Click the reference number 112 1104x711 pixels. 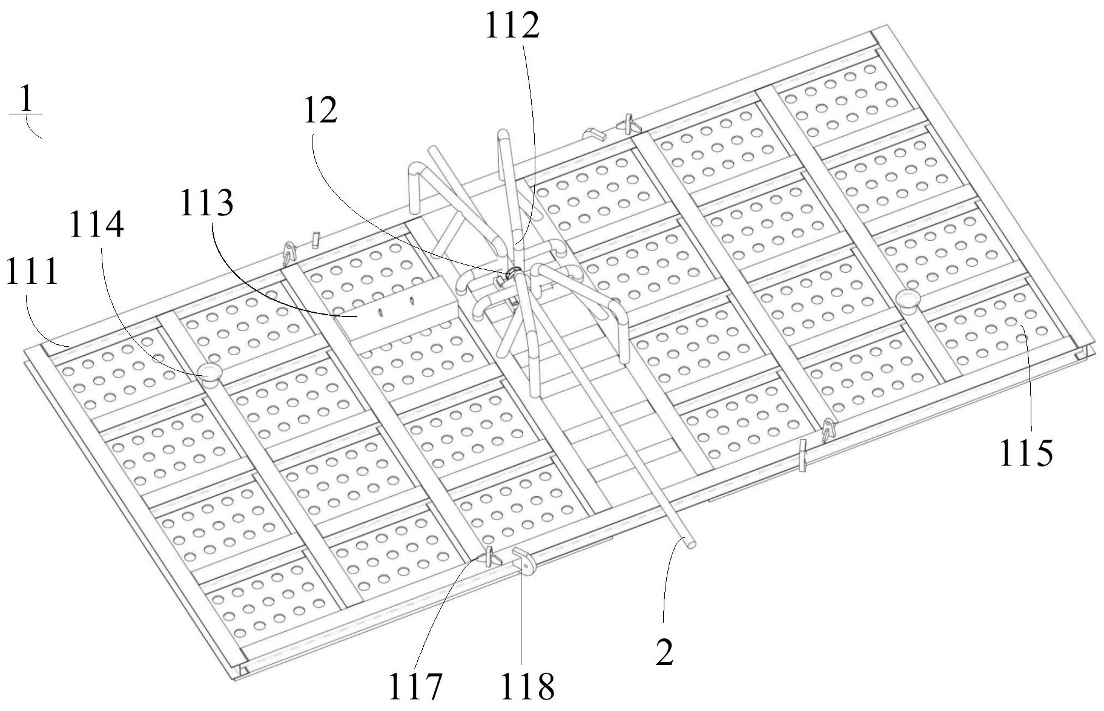[512, 26]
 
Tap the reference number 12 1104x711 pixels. [320, 111]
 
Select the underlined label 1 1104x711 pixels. [25, 100]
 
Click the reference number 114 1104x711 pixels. [97, 224]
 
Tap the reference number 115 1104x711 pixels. [1026, 453]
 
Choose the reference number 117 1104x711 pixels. [415, 686]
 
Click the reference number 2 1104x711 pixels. [664, 653]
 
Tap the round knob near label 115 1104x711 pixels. [908, 300]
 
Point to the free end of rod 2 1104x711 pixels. [689, 543]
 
